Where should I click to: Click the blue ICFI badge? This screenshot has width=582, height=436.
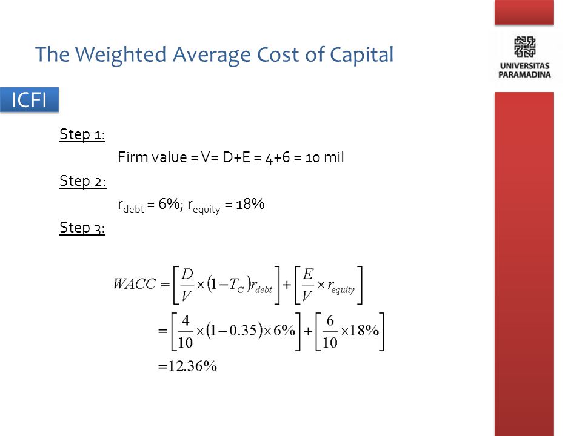[29, 100]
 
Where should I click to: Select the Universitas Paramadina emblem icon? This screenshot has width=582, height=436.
[524, 47]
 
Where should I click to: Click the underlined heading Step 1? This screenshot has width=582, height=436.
[82, 134]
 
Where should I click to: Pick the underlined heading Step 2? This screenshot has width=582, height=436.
[83, 181]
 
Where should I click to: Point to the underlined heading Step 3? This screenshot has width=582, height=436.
[82, 228]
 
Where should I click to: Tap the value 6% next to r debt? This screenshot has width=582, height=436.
[169, 203]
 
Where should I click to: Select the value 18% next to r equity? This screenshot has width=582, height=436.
[250, 203]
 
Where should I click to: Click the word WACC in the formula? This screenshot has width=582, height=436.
[135, 284]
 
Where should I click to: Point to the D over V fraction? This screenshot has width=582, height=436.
[187, 285]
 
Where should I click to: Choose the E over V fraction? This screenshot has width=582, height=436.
[308, 285]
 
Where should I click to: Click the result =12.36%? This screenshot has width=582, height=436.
[187, 366]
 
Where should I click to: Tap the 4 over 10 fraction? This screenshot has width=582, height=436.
[186, 331]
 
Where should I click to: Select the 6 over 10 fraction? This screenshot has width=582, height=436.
[330, 331]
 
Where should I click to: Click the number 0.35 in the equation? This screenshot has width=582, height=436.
[243, 330]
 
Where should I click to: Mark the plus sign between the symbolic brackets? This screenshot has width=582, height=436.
[287, 285]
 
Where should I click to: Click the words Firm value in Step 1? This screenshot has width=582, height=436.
[152, 157]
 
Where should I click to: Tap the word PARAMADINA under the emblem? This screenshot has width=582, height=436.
[524, 75]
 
